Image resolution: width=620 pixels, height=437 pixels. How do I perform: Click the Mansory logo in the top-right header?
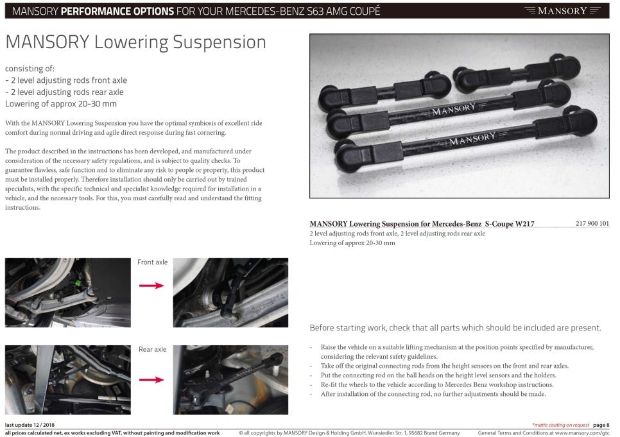coord(562,11)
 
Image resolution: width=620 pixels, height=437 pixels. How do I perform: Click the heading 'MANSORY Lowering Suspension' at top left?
coord(135,42)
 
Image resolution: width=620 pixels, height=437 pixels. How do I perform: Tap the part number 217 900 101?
coord(592,223)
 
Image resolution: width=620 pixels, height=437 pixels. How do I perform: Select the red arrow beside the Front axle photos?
coord(151,285)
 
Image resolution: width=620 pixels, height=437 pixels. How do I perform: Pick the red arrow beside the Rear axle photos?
coord(151,380)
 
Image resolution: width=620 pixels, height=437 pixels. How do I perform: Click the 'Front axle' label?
coord(152,262)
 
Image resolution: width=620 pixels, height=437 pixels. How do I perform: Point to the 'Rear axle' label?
coord(152,349)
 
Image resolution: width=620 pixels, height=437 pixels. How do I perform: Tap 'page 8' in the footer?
coord(601,425)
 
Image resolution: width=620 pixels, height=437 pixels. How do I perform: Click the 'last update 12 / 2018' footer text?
coord(30,425)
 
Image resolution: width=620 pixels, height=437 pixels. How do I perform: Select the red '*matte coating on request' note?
coord(561,425)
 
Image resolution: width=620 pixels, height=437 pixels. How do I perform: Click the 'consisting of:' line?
coord(30,69)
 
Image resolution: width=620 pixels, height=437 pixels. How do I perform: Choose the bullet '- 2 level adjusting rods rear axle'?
coord(64,92)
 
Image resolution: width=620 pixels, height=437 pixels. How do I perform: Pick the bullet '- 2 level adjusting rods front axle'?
coord(66,80)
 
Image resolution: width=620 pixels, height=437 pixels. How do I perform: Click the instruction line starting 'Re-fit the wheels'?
coord(437,384)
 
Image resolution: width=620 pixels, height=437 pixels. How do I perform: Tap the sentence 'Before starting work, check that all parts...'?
coord(455,328)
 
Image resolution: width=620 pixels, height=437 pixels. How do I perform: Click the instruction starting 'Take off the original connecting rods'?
coord(444,366)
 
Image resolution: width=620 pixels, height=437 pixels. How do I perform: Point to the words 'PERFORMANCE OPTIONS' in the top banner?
coord(117,11)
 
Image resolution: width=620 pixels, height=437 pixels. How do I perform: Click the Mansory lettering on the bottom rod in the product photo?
coord(472,139)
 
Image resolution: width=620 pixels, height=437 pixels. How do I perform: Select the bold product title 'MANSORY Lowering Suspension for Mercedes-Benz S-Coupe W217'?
coord(422,224)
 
